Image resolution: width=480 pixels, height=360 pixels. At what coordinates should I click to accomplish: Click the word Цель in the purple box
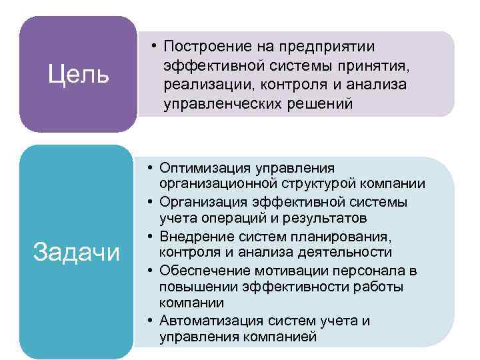(x=79, y=75)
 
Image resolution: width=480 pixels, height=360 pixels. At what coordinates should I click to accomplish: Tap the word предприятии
(x=328, y=47)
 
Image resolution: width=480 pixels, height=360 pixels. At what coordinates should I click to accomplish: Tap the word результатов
(x=316, y=219)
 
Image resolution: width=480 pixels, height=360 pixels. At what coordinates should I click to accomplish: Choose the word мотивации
(x=278, y=270)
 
